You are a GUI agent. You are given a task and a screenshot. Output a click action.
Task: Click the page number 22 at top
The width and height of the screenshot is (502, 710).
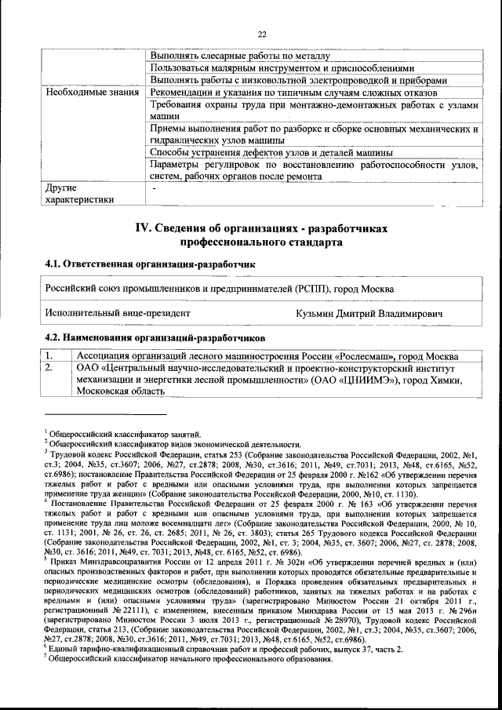click(261, 33)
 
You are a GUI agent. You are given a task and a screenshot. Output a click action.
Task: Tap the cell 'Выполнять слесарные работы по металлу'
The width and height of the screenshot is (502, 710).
click(244, 56)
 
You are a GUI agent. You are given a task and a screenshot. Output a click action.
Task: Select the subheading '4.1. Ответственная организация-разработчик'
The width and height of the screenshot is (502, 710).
click(150, 264)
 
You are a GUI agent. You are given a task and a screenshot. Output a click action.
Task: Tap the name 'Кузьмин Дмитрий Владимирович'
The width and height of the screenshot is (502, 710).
click(369, 314)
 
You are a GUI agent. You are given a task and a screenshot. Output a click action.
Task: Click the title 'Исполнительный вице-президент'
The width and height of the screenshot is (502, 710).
click(118, 314)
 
